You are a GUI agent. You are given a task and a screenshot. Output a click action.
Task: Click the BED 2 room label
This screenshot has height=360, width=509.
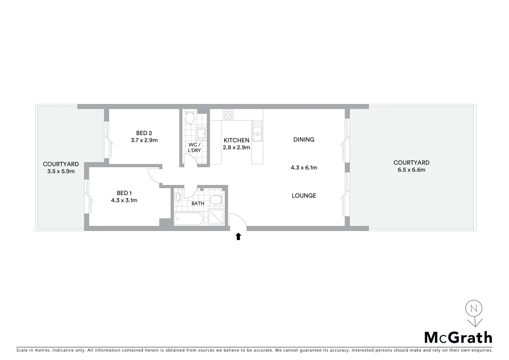tap(144, 133)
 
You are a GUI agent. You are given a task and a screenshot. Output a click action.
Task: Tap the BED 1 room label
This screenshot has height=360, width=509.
tap(124, 193)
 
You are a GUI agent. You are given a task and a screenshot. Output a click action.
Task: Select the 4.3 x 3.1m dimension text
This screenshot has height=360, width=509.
tap(124, 200)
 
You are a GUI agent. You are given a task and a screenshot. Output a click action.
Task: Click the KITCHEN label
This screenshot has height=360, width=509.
tap(236, 140)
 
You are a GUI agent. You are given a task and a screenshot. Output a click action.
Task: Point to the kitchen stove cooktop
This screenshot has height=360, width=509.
tap(229, 114)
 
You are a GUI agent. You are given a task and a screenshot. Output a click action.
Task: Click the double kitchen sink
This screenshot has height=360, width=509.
tap(257, 131)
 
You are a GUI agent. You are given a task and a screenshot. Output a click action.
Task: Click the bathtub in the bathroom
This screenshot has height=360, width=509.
tap(188, 219)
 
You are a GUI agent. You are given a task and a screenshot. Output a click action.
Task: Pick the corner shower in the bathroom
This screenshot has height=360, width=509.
tap(217, 218)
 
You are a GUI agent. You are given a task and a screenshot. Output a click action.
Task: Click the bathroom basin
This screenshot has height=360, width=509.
tap(178, 197)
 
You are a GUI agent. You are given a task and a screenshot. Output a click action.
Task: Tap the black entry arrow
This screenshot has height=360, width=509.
tap(238, 237)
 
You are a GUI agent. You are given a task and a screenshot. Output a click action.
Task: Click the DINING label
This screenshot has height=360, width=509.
tap(304, 140)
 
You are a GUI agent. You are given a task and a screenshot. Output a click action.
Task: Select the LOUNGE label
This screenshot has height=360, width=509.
tap(304, 196)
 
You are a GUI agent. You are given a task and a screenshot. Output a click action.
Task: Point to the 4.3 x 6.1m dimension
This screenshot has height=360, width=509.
tap(304, 168)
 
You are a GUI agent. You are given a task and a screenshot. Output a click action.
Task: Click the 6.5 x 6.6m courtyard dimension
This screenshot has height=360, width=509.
tap(411, 170)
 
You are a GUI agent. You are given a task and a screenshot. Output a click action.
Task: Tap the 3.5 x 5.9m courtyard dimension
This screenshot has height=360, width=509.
tap(61, 171)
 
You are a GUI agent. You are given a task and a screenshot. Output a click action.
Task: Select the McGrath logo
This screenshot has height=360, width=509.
tap(458, 338)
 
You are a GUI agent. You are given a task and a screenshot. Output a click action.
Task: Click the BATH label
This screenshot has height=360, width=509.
tap(198, 203)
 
